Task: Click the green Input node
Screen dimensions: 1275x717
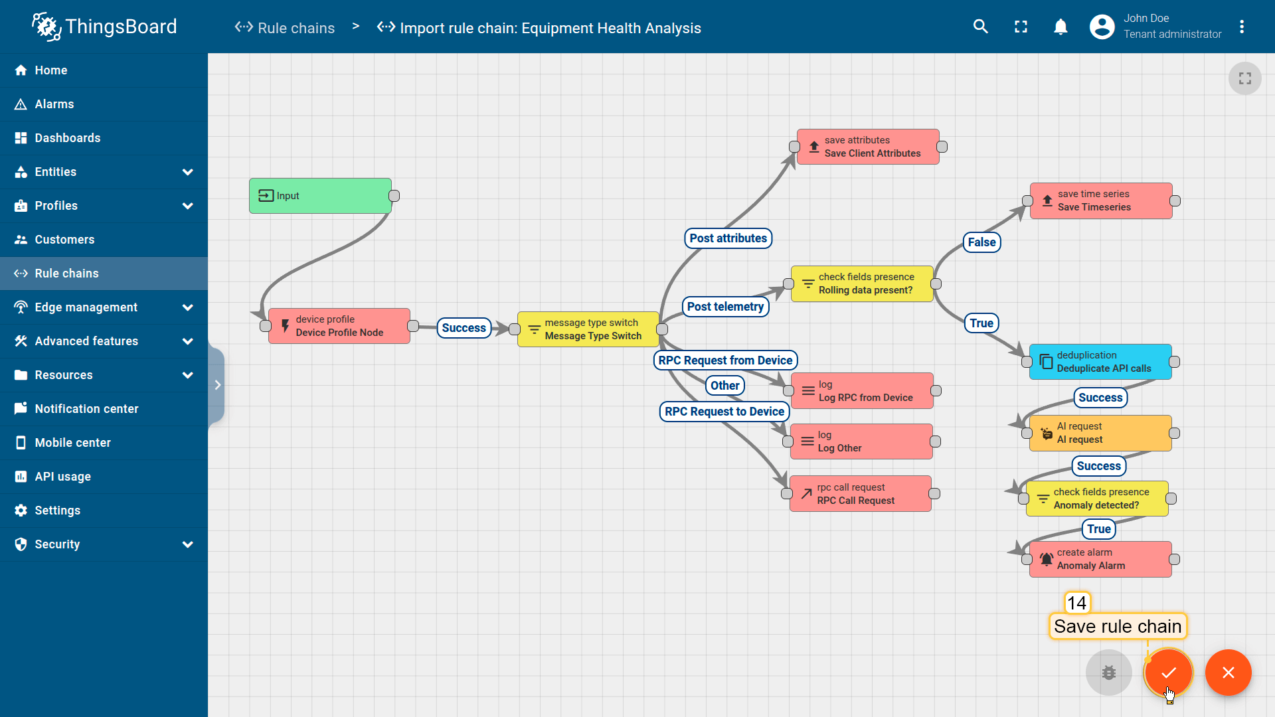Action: tap(320, 196)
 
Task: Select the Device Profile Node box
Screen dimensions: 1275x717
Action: tap(339, 326)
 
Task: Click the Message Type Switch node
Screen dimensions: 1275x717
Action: tap(588, 329)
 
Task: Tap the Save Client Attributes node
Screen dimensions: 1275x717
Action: tap(868, 147)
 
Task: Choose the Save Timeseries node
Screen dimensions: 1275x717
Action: tap(1101, 200)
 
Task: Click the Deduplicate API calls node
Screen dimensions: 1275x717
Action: tap(1100, 362)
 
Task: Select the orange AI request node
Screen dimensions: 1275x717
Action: tap(1100, 433)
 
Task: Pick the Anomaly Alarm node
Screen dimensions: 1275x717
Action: tap(1100, 559)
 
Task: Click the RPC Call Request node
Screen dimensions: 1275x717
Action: tap(861, 494)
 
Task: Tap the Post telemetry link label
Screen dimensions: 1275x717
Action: tap(725, 307)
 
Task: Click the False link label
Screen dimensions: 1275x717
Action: tap(981, 242)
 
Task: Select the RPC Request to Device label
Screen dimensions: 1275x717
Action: tap(724, 412)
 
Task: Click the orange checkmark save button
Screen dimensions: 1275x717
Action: tap(1168, 673)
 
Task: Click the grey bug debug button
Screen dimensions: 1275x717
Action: tap(1109, 673)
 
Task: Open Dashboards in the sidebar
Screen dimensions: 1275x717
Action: tap(68, 138)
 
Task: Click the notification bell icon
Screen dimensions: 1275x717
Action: tap(1061, 27)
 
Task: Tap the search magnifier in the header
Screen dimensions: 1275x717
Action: tap(981, 27)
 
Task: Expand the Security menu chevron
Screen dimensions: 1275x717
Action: tap(188, 544)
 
